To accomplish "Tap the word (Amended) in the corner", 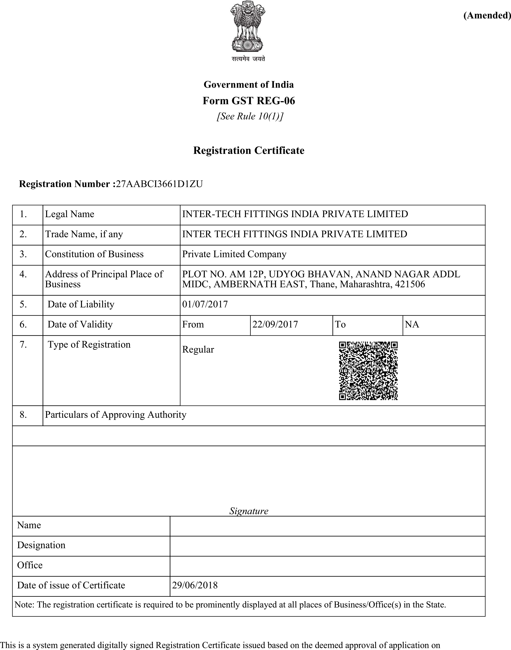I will coord(487,15).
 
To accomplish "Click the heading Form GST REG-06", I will coord(249,101).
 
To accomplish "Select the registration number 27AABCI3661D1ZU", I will coord(159,184).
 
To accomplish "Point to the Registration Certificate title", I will coord(249,150).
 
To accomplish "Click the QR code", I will coord(368,371).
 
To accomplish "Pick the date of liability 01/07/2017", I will coord(205,304).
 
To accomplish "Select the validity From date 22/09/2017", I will coord(275,324).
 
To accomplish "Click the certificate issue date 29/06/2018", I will coord(195,585).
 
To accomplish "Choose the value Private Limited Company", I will coord(234,254).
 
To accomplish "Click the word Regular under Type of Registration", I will coord(198,349).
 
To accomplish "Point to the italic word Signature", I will coord(249,511).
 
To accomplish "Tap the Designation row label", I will coord(41,545).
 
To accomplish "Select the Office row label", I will coord(30,565).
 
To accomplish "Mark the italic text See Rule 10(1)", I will coord(250,116).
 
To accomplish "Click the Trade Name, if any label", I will coord(84,234).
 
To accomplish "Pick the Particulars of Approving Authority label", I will coord(116,414).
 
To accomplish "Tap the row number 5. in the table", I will coord(23,304).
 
